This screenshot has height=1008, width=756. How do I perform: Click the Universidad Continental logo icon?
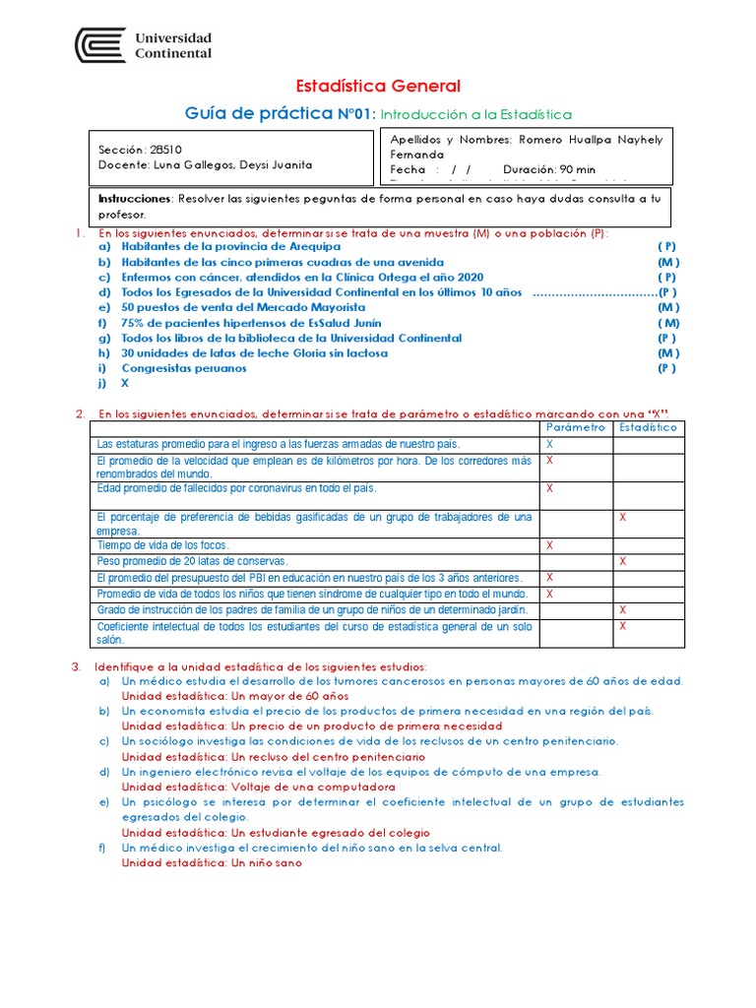[x=99, y=45]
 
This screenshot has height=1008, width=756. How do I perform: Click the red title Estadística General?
[x=378, y=87]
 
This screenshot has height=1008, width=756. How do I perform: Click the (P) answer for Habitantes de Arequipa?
[x=667, y=247]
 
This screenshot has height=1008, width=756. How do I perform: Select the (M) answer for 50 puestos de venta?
[x=668, y=307]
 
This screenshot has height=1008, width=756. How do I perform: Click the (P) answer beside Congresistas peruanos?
[x=667, y=368]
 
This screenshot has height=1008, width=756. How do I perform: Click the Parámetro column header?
[x=576, y=428]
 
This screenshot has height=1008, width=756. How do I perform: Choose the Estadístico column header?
[x=648, y=428]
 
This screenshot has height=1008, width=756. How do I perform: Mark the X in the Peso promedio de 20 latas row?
[x=622, y=560]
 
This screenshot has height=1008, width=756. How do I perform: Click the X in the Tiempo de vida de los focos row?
[x=549, y=544]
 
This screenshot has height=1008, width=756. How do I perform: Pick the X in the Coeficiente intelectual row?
[x=622, y=626]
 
